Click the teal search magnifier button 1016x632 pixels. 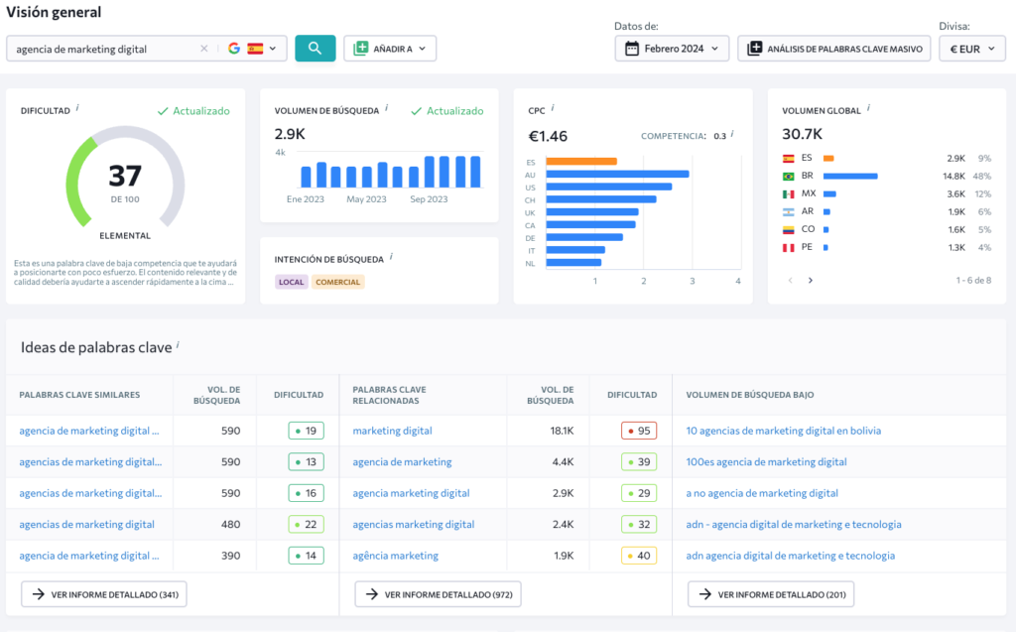click(315, 49)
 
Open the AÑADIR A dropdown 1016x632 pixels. click(390, 49)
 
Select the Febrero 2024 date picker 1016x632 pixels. click(672, 49)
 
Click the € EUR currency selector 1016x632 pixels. click(972, 49)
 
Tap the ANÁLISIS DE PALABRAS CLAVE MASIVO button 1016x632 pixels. click(833, 49)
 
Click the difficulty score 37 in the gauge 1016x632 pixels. click(125, 176)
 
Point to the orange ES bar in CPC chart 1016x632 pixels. click(581, 162)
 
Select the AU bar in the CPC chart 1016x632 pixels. click(617, 175)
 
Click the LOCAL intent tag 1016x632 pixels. click(291, 282)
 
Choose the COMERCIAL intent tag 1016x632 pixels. click(337, 282)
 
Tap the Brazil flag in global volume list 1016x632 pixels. click(789, 177)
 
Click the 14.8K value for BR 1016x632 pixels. click(953, 177)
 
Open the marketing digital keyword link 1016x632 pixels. click(392, 431)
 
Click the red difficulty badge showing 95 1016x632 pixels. click(639, 431)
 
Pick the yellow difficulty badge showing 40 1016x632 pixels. click(639, 556)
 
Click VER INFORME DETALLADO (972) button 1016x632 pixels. click(438, 594)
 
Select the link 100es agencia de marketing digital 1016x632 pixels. click(767, 462)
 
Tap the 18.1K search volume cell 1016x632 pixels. click(562, 431)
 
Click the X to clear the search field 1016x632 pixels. click(204, 49)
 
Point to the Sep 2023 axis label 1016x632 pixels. click(429, 199)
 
